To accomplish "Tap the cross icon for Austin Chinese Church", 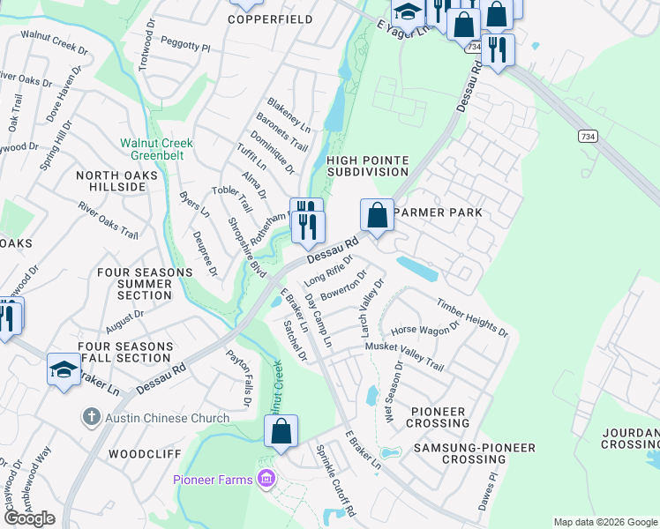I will pyautogui.click(x=91, y=417).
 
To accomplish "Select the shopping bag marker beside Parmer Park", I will pyautogui.click(x=377, y=216).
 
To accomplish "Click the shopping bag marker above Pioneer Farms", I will pyautogui.click(x=281, y=432).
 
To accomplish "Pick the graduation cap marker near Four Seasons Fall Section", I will pyautogui.click(x=64, y=370).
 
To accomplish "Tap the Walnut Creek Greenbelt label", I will pyautogui.click(x=156, y=149).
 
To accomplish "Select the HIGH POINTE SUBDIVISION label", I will pyautogui.click(x=368, y=166).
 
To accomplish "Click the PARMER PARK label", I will pyautogui.click(x=438, y=212).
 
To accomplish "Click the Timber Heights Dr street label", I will pyautogui.click(x=472, y=317).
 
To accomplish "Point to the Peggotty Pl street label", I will pyautogui.click(x=186, y=43).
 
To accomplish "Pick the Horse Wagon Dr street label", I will pyautogui.click(x=425, y=329).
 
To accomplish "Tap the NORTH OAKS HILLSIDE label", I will pyautogui.click(x=116, y=182).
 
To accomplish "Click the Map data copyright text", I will pyautogui.click(x=604, y=522).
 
